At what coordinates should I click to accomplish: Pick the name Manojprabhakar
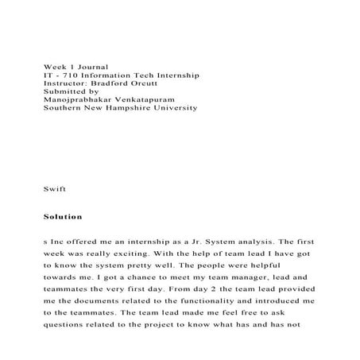(80, 106)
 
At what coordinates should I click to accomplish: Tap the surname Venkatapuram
(158, 106)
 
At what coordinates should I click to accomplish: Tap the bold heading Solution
(63, 216)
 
